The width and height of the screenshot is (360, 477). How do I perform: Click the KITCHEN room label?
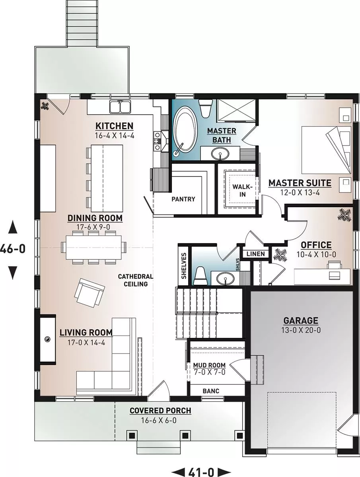pyautogui.click(x=114, y=126)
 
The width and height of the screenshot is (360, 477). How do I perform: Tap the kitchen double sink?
pyautogui.click(x=120, y=107)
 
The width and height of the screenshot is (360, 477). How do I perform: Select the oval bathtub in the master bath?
pyautogui.click(x=185, y=132)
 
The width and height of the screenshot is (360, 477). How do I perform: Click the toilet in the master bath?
pyautogui.click(x=206, y=108)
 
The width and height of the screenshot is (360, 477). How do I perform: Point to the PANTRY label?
pyautogui.click(x=183, y=199)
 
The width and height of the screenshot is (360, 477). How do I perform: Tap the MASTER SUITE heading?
pyautogui.click(x=300, y=183)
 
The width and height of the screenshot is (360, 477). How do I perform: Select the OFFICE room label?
pyautogui.click(x=316, y=245)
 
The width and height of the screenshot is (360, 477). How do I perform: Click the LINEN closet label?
pyautogui.click(x=256, y=254)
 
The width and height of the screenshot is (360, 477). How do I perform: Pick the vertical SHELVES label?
pyautogui.click(x=184, y=266)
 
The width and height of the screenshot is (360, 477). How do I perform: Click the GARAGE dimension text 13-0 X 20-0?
pyautogui.click(x=301, y=330)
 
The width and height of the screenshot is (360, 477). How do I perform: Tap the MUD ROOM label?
pyautogui.click(x=209, y=365)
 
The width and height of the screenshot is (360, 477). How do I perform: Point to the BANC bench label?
pyautogui.click(x=211, y=391)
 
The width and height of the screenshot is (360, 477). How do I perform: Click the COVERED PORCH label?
pyautogui.click(x=160, y=411)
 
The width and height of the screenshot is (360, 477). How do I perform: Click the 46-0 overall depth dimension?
pyautogui.click(x=13, y=249)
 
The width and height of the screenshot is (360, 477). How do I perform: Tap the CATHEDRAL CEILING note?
pyautogui.click(x=135, y=280)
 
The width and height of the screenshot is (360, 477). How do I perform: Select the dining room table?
pyautogui.click(x=94, y=248)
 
